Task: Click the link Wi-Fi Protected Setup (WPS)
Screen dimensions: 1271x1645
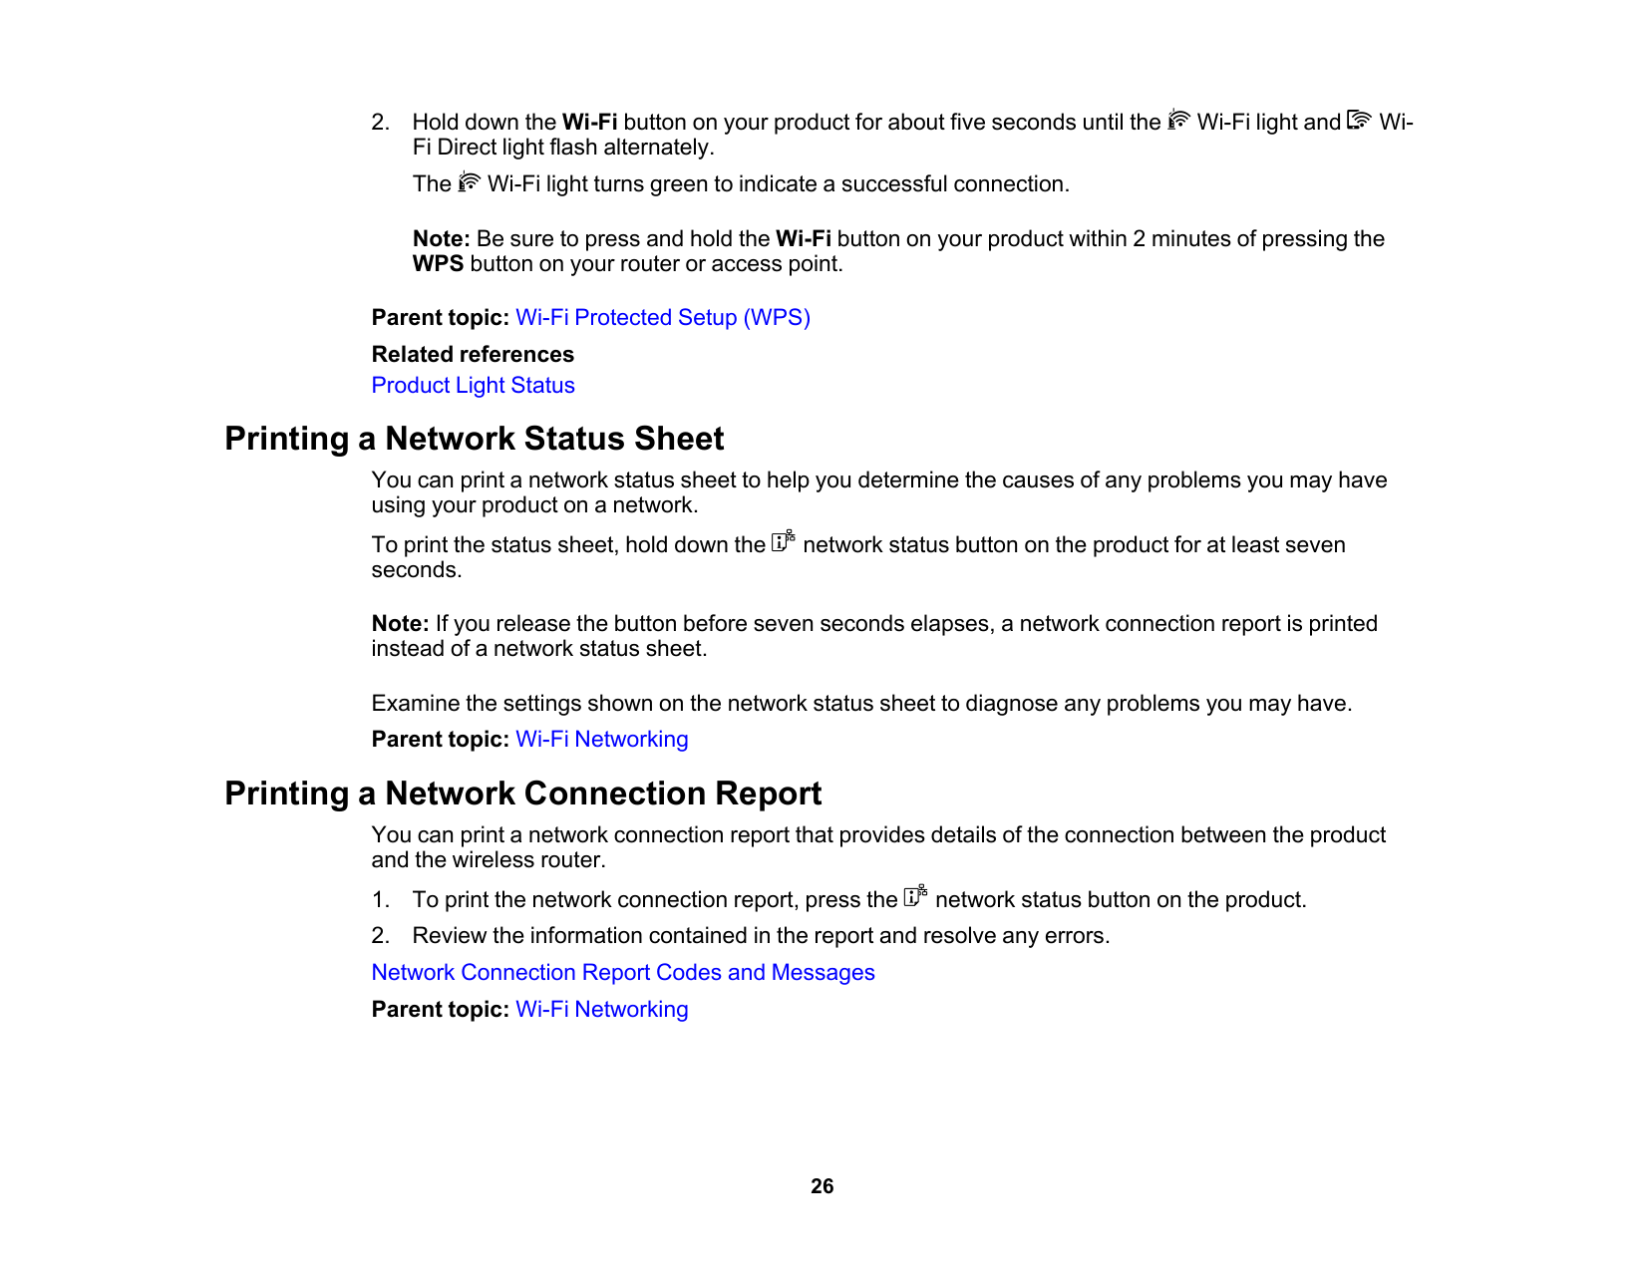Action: tap(662, 318)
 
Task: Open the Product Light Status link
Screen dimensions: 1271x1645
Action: tap(473, 386)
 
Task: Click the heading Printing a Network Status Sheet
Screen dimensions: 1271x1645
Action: tap(474, 439)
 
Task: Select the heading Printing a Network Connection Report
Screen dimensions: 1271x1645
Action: tap(522, 794)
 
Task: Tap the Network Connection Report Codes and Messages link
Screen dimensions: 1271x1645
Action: tap(622, 973)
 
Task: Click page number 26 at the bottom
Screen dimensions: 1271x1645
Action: tap(822, 1186)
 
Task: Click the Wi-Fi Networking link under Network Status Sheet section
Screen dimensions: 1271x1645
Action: tap(601, 740)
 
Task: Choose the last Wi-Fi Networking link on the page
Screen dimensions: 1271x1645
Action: tap(601, 1010)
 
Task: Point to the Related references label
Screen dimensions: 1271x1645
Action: tap(473, 355)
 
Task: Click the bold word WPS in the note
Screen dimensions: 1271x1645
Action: tap(438, 264)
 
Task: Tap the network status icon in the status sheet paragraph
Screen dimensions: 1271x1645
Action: tap(784, 541)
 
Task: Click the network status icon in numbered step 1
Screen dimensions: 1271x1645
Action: tap(915, 896)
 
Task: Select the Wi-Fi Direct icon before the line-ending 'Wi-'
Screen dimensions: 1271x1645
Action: tap(1359, 121)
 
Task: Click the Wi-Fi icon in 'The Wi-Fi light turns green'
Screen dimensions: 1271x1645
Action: tap(469, 182)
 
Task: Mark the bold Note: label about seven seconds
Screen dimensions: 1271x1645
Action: tap(400, 624)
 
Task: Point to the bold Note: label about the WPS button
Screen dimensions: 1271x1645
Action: tap(441, 239)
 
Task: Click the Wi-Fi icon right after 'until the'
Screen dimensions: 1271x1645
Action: tap(1178, 121)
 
